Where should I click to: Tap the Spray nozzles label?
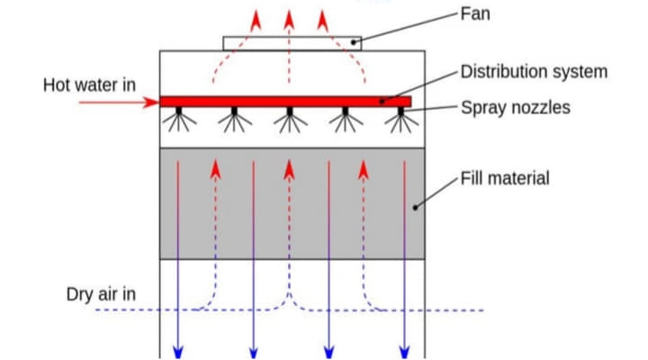515,108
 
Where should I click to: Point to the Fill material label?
504,177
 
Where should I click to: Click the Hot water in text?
90,85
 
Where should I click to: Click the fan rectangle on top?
292,43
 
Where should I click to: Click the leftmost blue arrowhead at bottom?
178,350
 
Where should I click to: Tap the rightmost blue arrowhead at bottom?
404,350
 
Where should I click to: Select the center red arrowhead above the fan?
289,18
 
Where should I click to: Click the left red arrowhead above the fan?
256,19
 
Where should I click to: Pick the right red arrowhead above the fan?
321,19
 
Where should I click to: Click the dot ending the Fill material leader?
415,207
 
